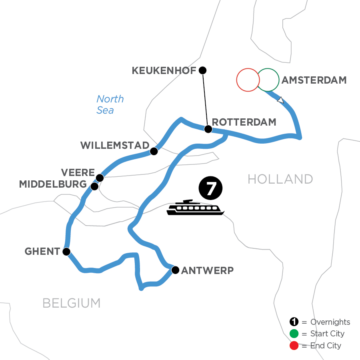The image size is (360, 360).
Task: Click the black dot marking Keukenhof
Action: [x=202, y=70]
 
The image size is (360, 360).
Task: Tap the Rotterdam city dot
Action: [x=208, y=129]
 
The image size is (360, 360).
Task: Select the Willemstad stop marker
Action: [x=153, y=151]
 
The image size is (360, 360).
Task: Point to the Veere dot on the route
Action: [x=100, y=177]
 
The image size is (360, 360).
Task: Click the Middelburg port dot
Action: [x=94, y=186]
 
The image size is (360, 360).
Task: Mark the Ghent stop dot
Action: [x=66, y=252]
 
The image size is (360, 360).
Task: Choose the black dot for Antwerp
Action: [x=175, y=270]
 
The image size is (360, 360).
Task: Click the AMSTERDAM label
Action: [x=314, y=80]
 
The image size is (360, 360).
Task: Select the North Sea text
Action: [x=110, y=104]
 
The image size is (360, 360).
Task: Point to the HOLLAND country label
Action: [x=280, y=179]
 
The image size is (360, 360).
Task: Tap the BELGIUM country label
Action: [x=72, y=303]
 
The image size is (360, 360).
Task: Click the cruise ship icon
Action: [x=195, y=208]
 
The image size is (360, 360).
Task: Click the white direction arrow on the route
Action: [x=281, y=100]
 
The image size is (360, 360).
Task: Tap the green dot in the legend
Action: [x=294, y=334]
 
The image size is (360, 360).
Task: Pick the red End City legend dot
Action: [x=294, y=345]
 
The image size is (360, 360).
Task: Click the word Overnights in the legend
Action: [x=330, y=322]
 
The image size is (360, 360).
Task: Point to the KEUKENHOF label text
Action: [x=164, y=71]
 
